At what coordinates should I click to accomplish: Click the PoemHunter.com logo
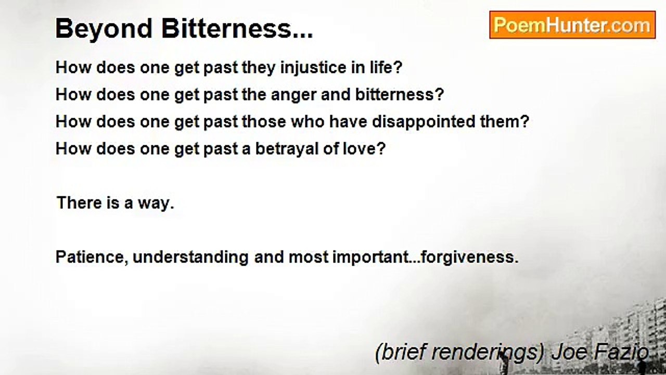tap(572, 25)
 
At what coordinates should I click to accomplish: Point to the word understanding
tap(190, 257)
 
